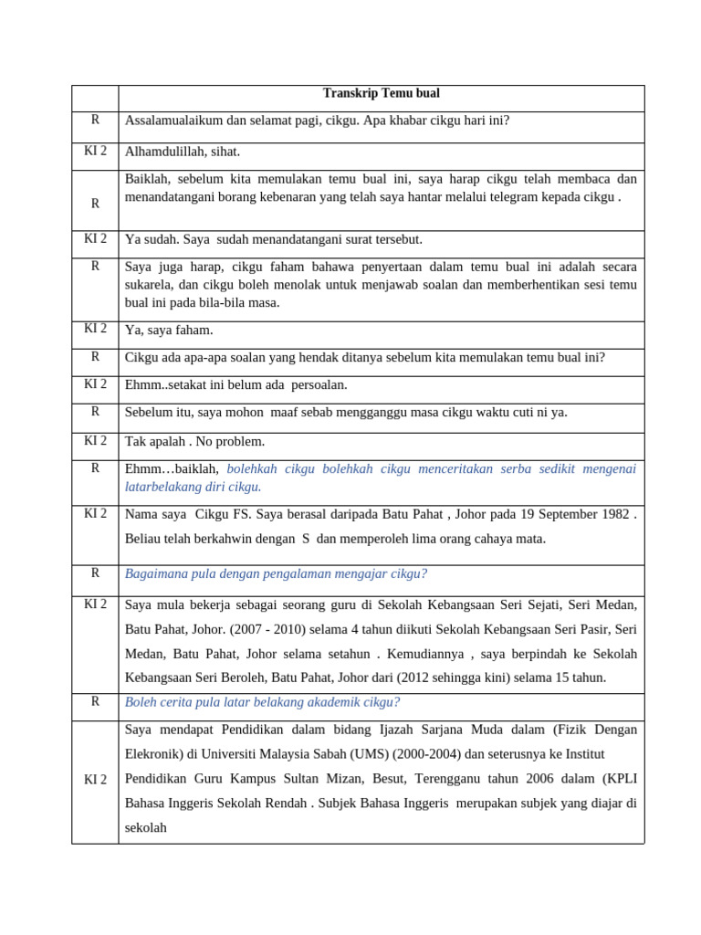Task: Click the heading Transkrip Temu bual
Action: pyautogui.click(x=382, y=94)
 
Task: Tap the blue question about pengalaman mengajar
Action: pyautogui.click(x=276, y=574)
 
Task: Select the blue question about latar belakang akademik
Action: pyautogui.click(x=262, y=703)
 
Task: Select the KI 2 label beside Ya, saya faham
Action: pyautogui.click(x=95, y=329)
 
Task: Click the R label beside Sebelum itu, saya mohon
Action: pyautogui.click(x=95, y=412)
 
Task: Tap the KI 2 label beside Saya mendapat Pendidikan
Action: pyautogui.click(x=95, y=780)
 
